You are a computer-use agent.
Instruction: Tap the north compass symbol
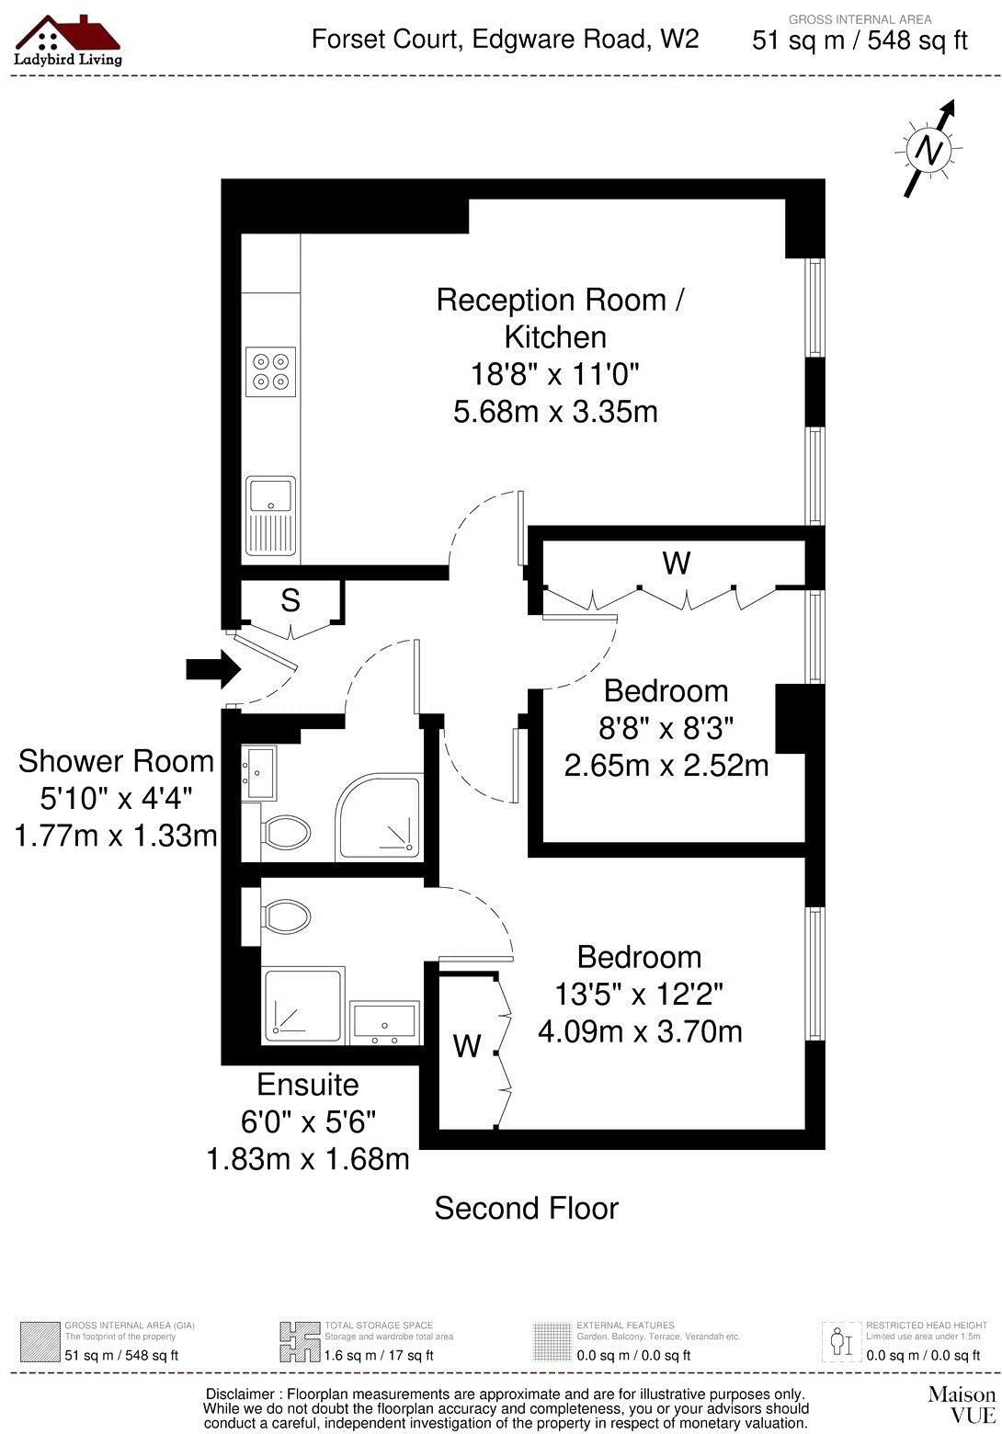pos(928,149)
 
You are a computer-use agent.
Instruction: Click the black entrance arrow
pos(211,668)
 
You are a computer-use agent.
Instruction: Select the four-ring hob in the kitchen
pos(271,371)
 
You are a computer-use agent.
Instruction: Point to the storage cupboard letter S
pos(290,600)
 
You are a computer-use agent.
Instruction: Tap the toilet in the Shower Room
pos(285,832)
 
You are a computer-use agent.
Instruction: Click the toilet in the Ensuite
pos(286,916)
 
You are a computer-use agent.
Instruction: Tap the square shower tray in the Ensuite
pos(303,1005)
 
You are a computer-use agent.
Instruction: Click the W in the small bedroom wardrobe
pos(677,563)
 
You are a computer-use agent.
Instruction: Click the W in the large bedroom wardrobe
pos(467,1045)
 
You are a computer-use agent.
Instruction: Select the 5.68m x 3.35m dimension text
pos(555,411)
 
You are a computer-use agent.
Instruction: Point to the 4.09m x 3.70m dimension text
pos(640,1031)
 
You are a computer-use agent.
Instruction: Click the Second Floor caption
pos(526,1208)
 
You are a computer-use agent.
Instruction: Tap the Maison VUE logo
pos(962,1403)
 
